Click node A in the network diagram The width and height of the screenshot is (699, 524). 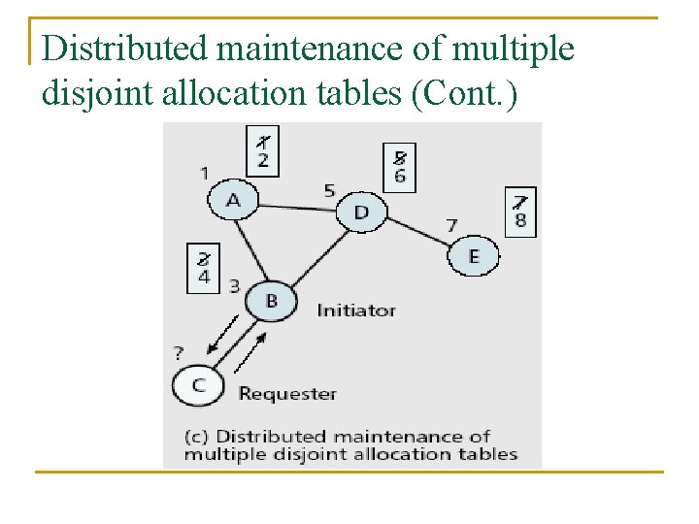tap(233, 200)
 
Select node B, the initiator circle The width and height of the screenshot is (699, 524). tap(271, 301)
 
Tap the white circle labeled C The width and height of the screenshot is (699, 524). tap(198, 385)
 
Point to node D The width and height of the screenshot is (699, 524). tap(361, 212)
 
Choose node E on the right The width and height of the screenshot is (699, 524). tap(473, 256)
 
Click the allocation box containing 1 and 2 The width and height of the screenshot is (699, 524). tap(263, 150)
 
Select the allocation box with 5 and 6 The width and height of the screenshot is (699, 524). tap(399, 168)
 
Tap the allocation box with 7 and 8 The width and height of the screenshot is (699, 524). tap(520, 212)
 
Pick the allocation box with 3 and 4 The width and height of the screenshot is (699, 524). tap(204, 267)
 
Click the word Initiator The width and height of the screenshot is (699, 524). tap(356, 311)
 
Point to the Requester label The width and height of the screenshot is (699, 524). tap(287, 393)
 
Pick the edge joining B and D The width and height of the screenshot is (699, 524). tap(316, 257)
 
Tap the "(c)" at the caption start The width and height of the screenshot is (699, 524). tap(197, 437)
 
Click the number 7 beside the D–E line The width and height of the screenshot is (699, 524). tap(451, 225)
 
